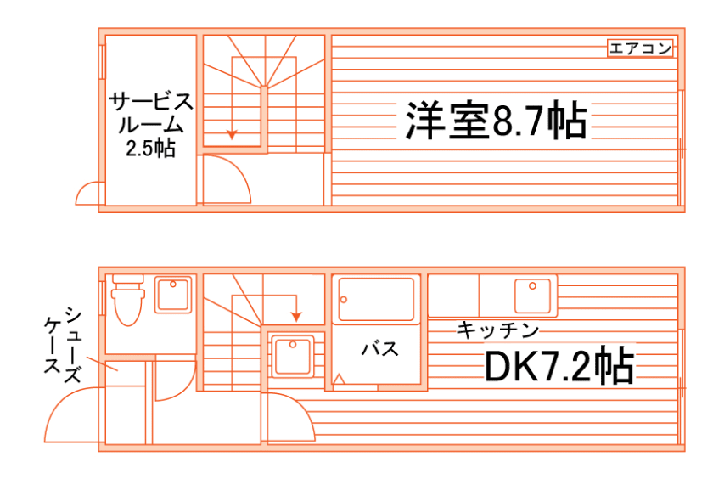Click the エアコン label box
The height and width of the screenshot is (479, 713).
641,48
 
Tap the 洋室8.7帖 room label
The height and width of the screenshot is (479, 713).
495,121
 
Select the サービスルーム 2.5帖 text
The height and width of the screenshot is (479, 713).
151,126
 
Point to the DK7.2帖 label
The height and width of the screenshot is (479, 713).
558,366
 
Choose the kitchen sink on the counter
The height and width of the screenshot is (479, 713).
534,296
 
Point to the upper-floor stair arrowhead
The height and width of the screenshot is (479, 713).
231,133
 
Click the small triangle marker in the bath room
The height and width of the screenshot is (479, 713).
339,380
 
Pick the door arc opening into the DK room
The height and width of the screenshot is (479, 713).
290,416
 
